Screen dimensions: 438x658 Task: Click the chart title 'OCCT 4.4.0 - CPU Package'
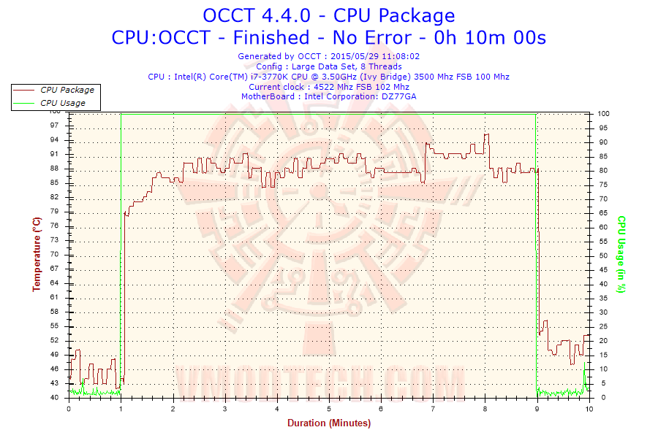pyautogui.click(x=328, y=15)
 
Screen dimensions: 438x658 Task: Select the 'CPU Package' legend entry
pyautogui.click(x=67, y=90)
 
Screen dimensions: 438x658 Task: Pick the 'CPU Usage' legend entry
pyautogui.click(x=63, y=103)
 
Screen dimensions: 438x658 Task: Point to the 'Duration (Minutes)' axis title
pyautogui.click(x=328, y=423)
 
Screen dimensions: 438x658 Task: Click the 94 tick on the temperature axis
pyautogui.click(x=55, y=140)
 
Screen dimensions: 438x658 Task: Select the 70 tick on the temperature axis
pyautogui.click(x=55, y=254)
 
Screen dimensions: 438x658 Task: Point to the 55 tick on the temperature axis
pyautogui.click(x=55, y=326)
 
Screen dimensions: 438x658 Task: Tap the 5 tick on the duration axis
pyautogui.click(x=329, y=408)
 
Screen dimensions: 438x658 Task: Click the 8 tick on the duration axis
pyautogui.click(x=485, y=408)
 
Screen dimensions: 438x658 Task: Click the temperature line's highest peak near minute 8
pyautogui.click(x=486, y=134)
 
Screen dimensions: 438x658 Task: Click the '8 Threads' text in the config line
pyautogui.click(x=377, y=66)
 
